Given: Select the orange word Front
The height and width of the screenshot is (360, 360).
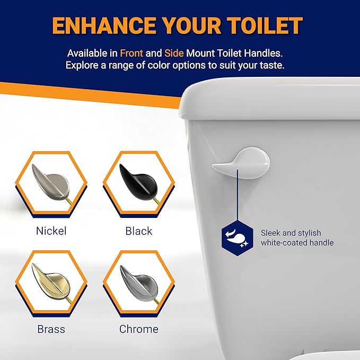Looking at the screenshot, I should (x=132, y=54).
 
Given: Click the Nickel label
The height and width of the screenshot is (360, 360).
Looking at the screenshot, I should (x=51, y=231).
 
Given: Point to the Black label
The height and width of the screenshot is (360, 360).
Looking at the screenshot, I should (x=139, y=231).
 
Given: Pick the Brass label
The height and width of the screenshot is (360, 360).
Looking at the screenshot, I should (x=51, y=329).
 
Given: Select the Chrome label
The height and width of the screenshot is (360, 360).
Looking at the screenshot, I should (x=139, y=329).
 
